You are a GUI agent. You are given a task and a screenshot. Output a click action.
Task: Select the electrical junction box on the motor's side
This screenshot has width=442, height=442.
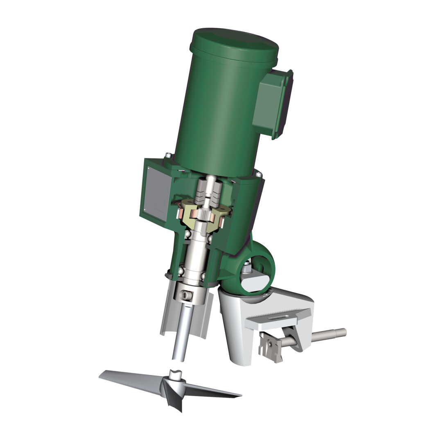coord(271,104)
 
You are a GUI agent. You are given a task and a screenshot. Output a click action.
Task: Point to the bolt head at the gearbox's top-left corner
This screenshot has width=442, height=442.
coord(167,156)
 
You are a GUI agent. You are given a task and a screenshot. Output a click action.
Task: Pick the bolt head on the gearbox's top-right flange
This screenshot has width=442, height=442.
coord(259,175)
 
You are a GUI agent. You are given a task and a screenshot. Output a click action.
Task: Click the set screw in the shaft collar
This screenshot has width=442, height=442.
coord(186,295)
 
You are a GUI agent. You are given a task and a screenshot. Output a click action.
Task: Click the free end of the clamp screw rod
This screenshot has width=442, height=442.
coord(343,332)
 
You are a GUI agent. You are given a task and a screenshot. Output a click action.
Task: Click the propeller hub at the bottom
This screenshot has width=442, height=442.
coord(174,387)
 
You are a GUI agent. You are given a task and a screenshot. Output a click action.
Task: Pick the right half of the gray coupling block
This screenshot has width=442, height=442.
coord(216,192)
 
